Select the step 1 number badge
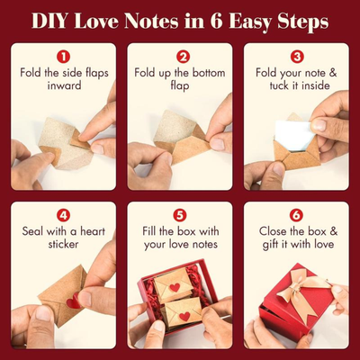click(64, 56)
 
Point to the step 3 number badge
click(297, 56)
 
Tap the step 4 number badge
click(64, 215)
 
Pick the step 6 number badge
click(297, 215)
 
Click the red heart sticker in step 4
click(71, 302)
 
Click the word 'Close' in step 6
click(267, 231)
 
